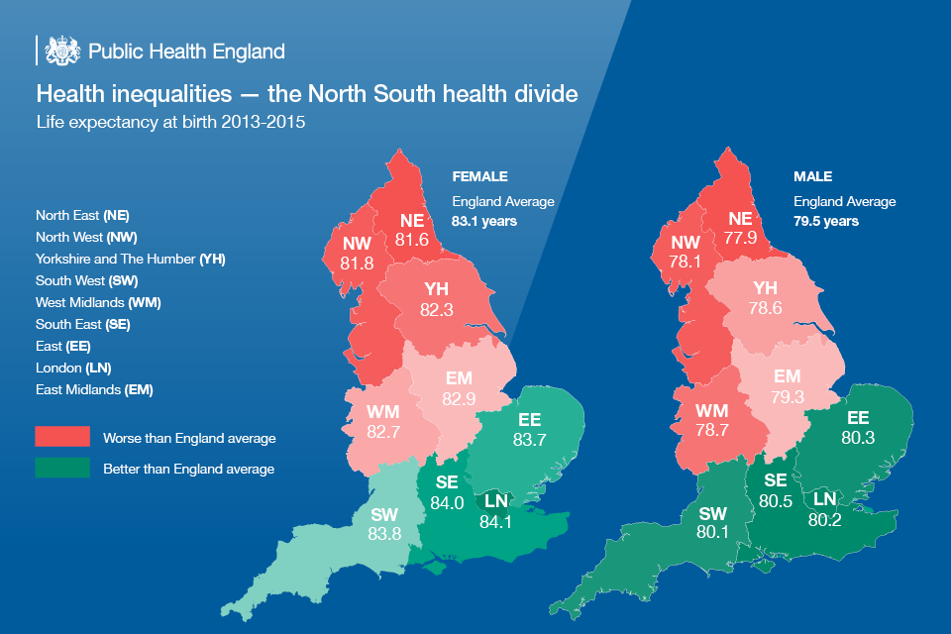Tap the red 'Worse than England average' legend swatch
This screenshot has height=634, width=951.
point(62,438)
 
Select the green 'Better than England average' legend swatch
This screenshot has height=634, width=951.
point(62,469)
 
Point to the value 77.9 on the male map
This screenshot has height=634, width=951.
point(740,238)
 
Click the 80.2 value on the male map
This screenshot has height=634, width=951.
point(824,519)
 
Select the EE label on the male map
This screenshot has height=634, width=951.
point(858,418)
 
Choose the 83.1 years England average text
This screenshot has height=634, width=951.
point(484,222)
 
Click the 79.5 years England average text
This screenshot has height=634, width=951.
point(826,222)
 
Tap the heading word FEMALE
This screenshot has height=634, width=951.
point(480,176)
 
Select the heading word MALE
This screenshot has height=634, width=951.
point(812,176)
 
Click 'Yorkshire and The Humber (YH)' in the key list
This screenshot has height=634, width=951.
point(131,259)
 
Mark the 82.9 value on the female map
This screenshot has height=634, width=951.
point(459,398)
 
